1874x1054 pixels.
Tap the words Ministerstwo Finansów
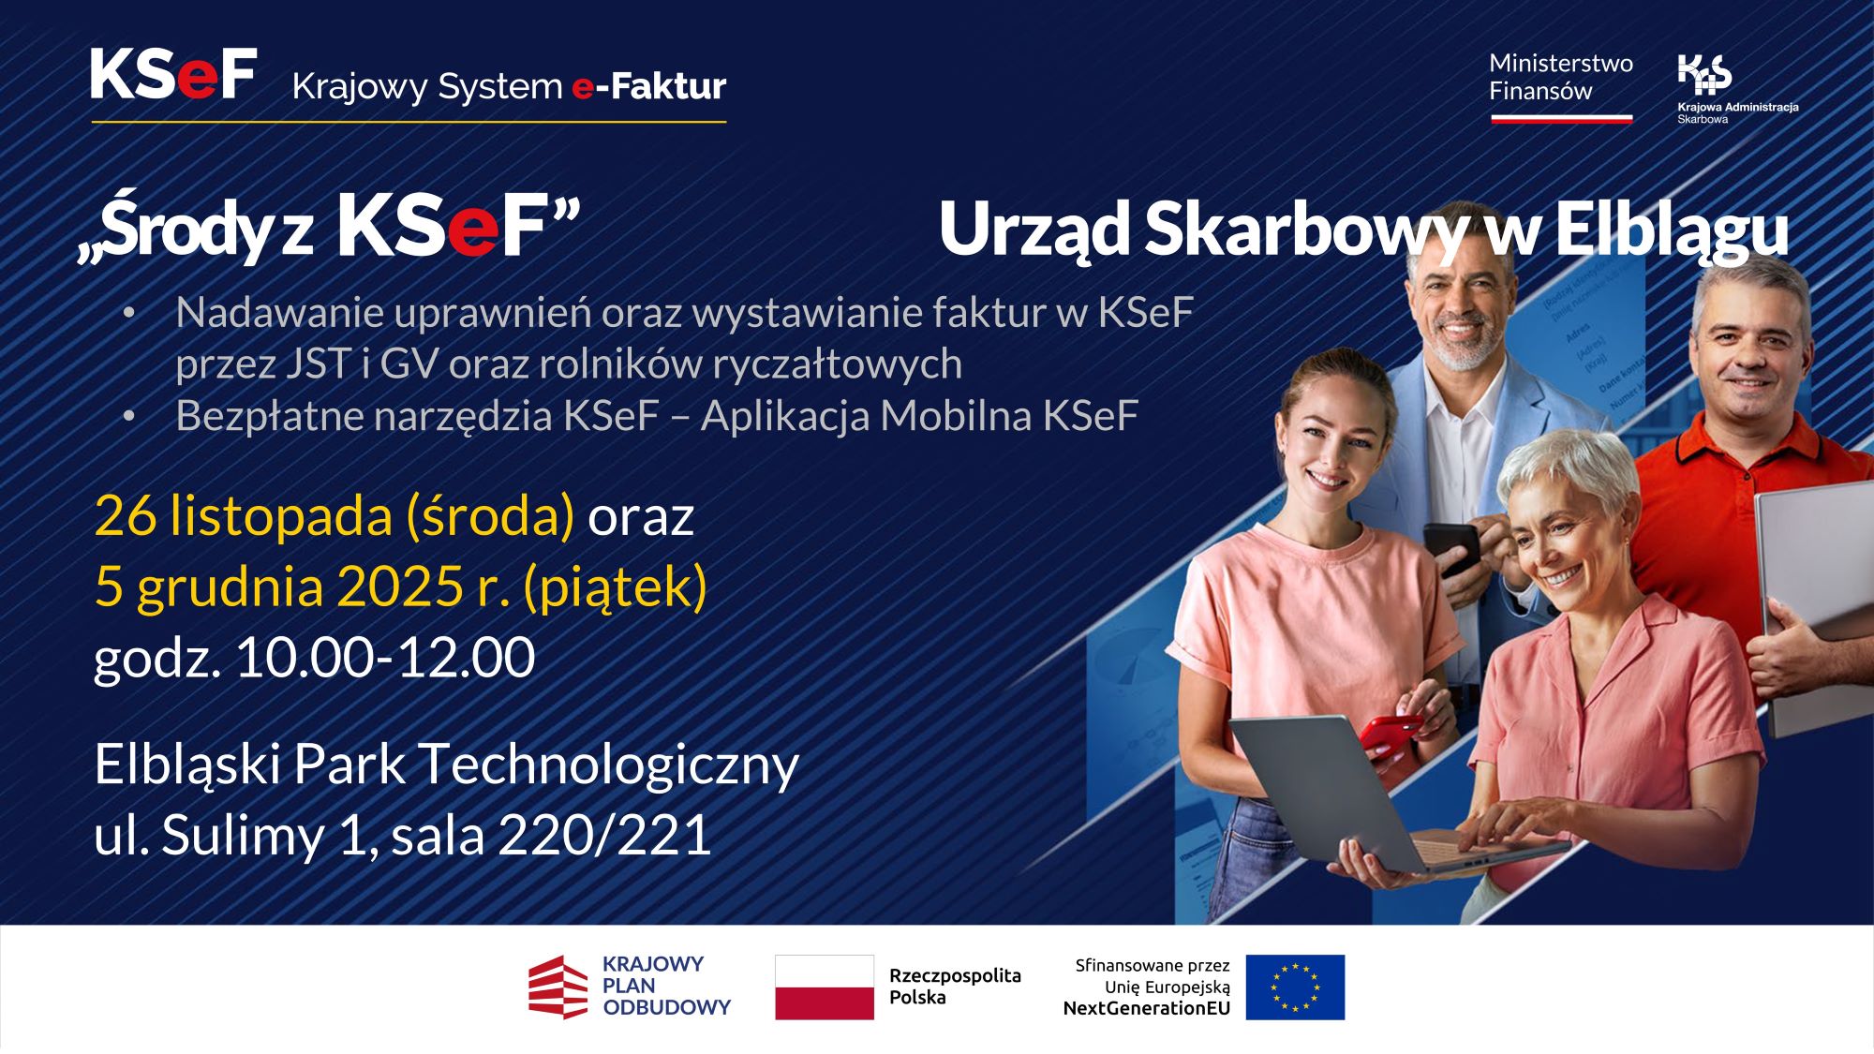click(1560, 78)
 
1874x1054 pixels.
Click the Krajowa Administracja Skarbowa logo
click(1704, 75)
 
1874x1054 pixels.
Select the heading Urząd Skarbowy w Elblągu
click(1362, 230)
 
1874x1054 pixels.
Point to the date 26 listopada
click(243, 515)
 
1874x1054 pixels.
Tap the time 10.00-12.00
click(384, 657)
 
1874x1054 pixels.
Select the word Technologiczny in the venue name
click(609, 765)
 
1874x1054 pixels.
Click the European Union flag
click(1295, 987)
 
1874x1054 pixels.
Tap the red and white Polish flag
click(824, 987)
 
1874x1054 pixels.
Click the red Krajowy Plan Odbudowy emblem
click(558, 987)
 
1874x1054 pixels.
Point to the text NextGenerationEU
click(1146, 1009)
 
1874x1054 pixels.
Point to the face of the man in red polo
click(1750, 356)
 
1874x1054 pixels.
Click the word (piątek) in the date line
click(615, 586)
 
